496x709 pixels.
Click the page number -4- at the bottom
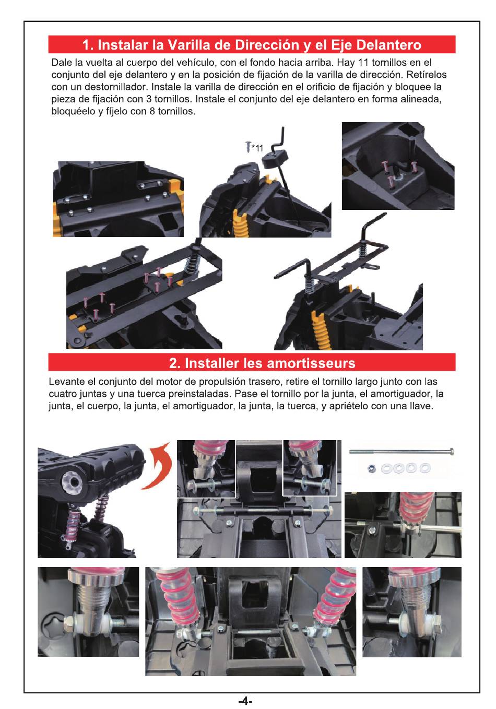pos(245,701)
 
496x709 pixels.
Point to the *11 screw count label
pos(257,148)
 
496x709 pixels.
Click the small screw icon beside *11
pos(248,146)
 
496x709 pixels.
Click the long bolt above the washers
pos(401,452)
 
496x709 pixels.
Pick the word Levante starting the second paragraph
pos(63,382)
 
